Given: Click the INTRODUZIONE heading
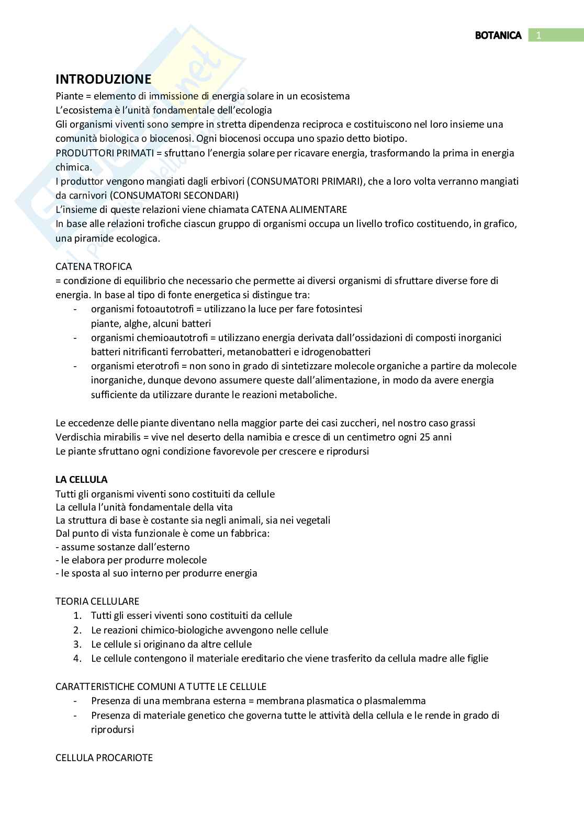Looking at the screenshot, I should pos(103,79).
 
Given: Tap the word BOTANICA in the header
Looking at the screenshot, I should pos(498,35).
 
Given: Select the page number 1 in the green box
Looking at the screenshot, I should pos(538,35).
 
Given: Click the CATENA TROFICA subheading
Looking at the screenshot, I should pos(94,266).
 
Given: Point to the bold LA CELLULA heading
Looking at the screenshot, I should pos(82,479).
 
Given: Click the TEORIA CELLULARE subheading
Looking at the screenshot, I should pos(97,601).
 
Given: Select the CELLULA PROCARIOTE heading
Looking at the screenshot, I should pos(104,757).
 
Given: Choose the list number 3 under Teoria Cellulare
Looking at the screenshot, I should pos(77,644).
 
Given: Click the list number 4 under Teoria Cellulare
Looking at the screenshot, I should pos(77,658).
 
